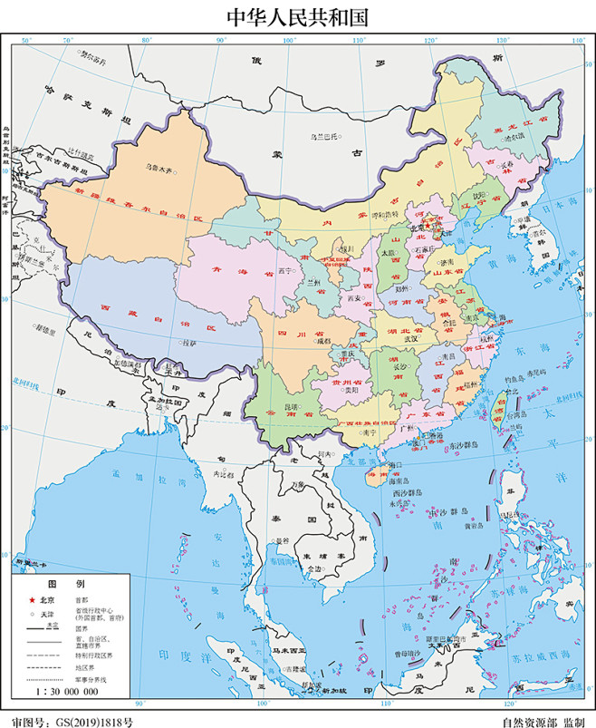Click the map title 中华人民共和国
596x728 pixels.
click(x=298, y=17)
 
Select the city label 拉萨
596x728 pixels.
click(x=188, y=344)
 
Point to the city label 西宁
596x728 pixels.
click(x=287, y=270)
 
